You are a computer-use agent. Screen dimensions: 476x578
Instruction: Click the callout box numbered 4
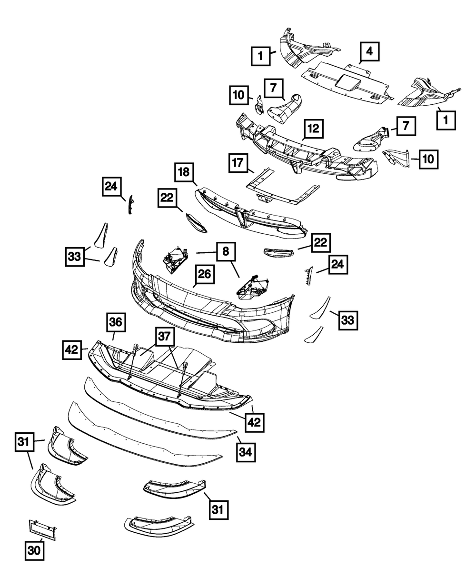pyautogui.click(x=369, y=52)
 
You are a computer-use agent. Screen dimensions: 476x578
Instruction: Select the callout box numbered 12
pyautogui.click(x=314, y=128)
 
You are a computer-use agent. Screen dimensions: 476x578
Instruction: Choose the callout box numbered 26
pyautogui.click(x=204, y=275)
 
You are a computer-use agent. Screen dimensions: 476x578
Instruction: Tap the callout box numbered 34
pyautogui.click(x=246, y=450)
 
